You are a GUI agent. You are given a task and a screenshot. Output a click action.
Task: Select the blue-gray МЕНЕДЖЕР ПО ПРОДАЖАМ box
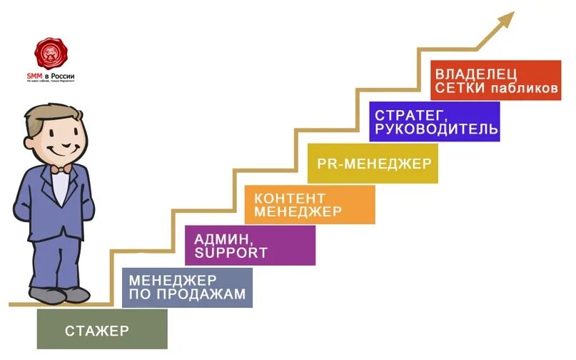[x=187, y=287]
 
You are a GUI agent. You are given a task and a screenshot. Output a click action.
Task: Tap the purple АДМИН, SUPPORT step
[x=250, y=245]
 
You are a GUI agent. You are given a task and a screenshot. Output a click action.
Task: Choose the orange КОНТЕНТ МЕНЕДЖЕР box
[x=309, y=204]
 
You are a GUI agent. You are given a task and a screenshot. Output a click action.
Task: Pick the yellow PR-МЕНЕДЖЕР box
[x=373, y=164]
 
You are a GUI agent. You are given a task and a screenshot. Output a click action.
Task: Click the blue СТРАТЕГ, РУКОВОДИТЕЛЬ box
[x=435, y=121]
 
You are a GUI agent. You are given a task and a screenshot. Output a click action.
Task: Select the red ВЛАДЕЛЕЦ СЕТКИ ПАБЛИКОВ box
[x=496, y=81]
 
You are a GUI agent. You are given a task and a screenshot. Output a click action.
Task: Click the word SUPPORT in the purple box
[x=233, y=253]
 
